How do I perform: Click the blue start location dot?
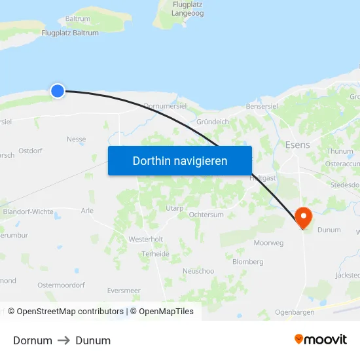58,91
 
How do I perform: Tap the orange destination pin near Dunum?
304,217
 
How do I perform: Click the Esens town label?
298,144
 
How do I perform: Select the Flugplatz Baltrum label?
70,33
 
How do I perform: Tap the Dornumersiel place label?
165,105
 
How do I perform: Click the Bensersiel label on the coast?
262,106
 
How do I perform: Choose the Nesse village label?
77,139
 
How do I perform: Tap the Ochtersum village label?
206,215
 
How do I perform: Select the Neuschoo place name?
198,271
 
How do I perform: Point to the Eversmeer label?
124,291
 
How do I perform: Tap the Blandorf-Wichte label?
28,212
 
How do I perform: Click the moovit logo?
321,340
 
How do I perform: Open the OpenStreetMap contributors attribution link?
71,312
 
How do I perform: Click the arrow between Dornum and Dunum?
63,340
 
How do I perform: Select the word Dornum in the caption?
33,340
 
